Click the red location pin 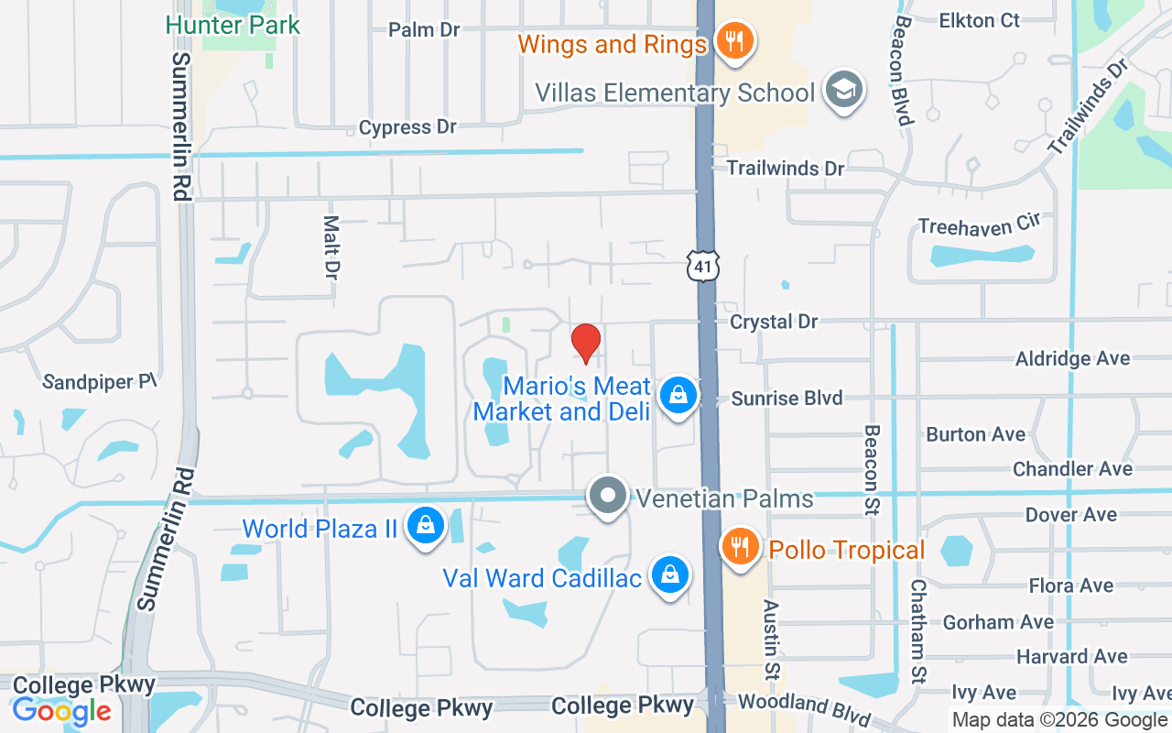(x=586, y=341)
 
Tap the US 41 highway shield (x=703, y=266)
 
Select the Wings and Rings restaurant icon (x=733, y=41)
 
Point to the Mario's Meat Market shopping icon (x=678, y=397)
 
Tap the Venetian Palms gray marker (x=607, y=496)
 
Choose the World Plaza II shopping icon (x=426, y=526)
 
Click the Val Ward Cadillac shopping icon (x=670, y=575)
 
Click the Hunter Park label (x=233, y=25)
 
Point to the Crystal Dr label (x=774, y=322)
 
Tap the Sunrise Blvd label (x=787, y=399)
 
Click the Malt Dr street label (x=331, y=246)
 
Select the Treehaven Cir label (x=980, y=224)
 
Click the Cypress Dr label (x=407, y=127)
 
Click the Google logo (x=62, y=711)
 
